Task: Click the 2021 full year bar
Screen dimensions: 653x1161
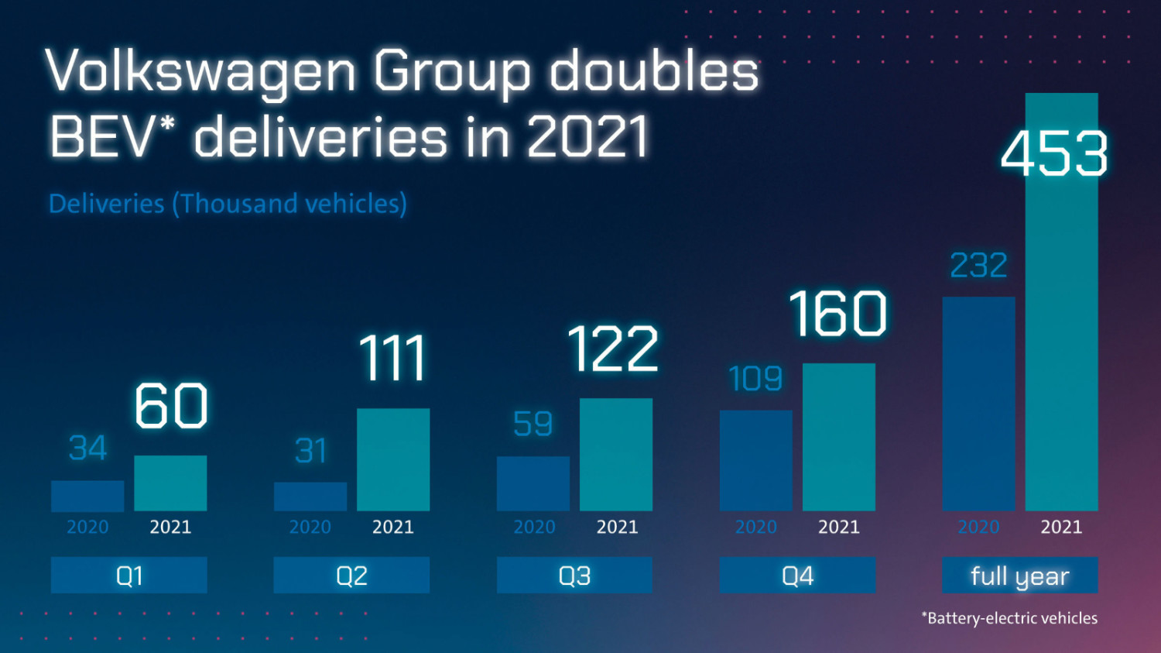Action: pyautogui.click(x=1061, y=349)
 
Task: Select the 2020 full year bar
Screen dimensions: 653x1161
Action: pyautogui.click(x=978, y=403)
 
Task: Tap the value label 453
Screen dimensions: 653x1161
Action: pyautogui.click(x=1054, y=154)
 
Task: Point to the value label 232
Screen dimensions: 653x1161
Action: pyautogui.click(x=978, y=266)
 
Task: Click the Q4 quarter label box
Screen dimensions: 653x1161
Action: pyautogui.click(x=797, y=576)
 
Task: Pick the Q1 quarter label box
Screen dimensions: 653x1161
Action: pyautogui.click(x=129, y=576)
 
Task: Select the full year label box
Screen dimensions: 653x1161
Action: pyautogui.click(x=1019, y=576)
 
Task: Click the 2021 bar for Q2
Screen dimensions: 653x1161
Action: pyautogui.click(x=393, y=459)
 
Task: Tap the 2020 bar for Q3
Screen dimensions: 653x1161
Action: pyautogui.click(x=533, y=483)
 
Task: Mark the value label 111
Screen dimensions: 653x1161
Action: pyautogui.click(x=393, y=359)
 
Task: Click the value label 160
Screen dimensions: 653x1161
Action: pyautogui.click(x=838, y=314)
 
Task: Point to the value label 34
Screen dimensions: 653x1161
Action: pyautogui.click(x=87, y=448)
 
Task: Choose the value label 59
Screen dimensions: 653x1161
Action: pyautogui.click(x=533, y=424)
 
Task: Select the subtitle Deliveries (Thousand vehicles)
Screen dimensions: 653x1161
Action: pyautogui.click(x=228, y=204)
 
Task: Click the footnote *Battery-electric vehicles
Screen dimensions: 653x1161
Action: pyautogui.click(x=1009, y=618)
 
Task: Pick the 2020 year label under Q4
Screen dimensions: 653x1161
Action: pyautogui.click(x=755, y=527)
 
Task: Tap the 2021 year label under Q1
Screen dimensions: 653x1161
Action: pyautogui.click(x=170, y=527)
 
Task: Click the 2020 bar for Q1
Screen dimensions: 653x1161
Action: pyautogui.click(x=87, y=496)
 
